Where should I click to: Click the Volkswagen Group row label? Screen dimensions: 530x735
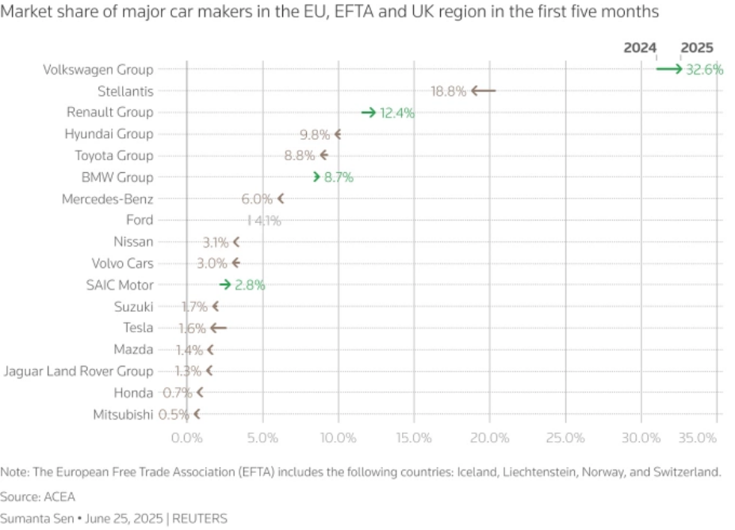[x=98, y=70]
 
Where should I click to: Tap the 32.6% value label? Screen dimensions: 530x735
[x=704, y=70]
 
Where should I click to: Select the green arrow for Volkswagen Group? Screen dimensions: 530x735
[x=669, y=70]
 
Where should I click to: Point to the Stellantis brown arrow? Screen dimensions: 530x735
[x=483, y=91]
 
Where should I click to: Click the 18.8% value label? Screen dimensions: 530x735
[x=448, y=91]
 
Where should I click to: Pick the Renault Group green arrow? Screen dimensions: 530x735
[x=368, y=113]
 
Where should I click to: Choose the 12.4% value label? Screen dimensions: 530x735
[x=397, y=113]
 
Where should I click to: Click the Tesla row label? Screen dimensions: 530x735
[x=138, y=328]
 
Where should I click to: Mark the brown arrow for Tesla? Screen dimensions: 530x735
[x=218, y=328]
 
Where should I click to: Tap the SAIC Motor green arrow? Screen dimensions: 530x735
[x=225, y=285]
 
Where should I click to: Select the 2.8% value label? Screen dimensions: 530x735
[x=249, y=285]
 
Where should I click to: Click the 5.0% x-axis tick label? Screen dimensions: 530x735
[x=262, y=437]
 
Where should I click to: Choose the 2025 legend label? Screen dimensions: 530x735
[x=697, y=48]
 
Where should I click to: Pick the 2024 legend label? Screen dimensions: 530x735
[x=640, y=48]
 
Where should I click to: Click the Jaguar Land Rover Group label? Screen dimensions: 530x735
[x=78, y=371]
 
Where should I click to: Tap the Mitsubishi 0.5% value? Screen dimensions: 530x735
[x=174, y=414]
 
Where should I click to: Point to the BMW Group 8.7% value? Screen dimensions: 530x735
[x=339, y=178]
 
